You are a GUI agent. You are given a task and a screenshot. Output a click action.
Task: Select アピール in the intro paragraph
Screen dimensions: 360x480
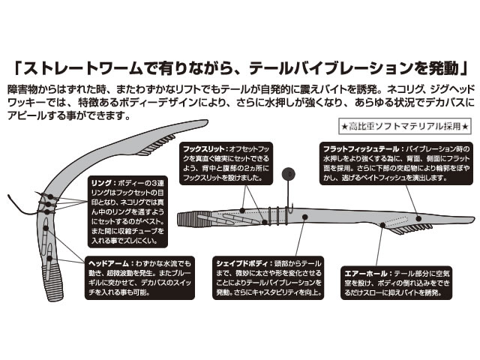(29, 117)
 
